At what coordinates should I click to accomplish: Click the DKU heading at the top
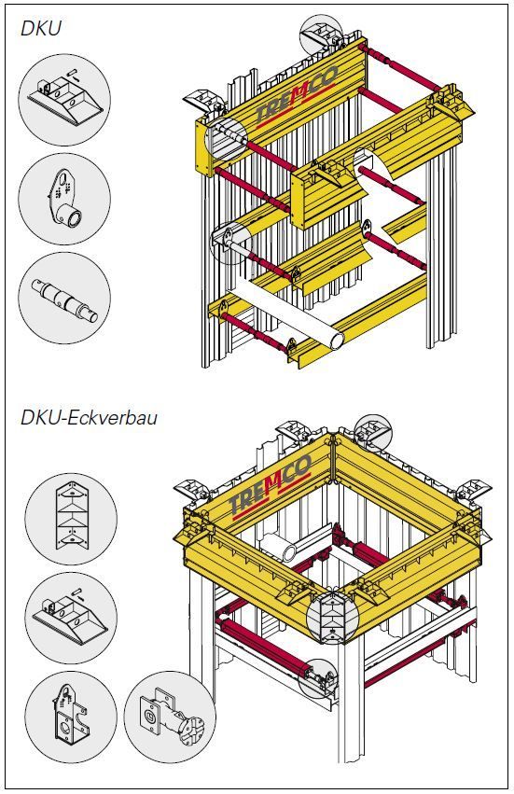pos(41,28)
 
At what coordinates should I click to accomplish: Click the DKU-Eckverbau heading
pos(90,418)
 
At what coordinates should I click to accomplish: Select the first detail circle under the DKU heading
pos(64,100)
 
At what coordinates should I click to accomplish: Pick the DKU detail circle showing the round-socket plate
pos(64,199)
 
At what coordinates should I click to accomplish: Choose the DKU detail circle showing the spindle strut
pos(64,299)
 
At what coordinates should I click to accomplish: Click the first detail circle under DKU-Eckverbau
pos(71,518)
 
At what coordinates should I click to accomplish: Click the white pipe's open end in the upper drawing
pos(337,340)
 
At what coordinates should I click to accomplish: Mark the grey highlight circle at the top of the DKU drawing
pos(321,35)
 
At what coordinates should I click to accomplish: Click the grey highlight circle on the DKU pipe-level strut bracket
pos(230,243)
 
